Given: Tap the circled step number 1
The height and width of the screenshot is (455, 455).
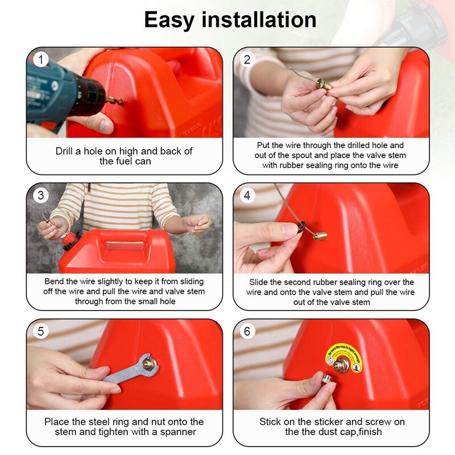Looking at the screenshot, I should point(40,59).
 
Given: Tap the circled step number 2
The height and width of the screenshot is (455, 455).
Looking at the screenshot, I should point(247,59).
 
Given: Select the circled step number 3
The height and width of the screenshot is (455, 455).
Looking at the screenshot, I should point(40,195).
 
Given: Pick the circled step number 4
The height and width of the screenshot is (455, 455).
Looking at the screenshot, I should point(247,195).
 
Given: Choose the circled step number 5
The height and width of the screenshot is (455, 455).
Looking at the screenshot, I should point(40,331).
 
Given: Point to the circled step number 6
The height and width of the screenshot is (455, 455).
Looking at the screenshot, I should point(247,331).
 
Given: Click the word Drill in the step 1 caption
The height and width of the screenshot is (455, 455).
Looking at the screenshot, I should point(66,151).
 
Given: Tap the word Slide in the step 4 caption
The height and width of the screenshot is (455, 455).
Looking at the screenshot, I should point(260,282).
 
